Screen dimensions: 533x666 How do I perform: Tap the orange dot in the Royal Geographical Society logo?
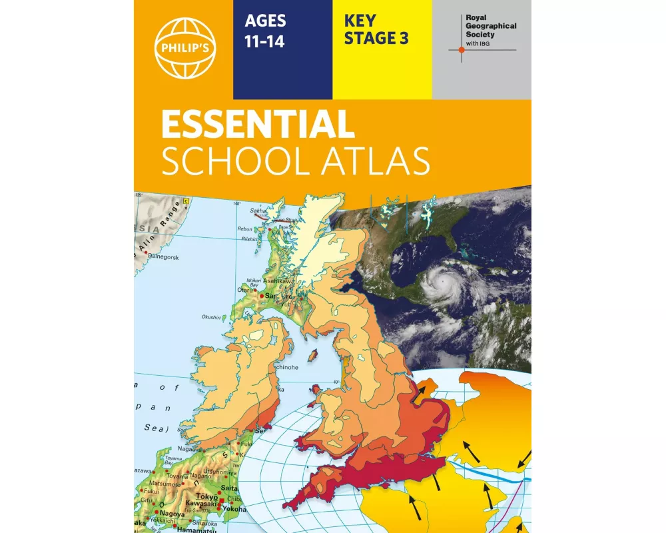click(460, 50)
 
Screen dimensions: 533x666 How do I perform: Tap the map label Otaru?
click(245, 290)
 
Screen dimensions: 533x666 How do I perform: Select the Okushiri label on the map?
click(210, 318)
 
